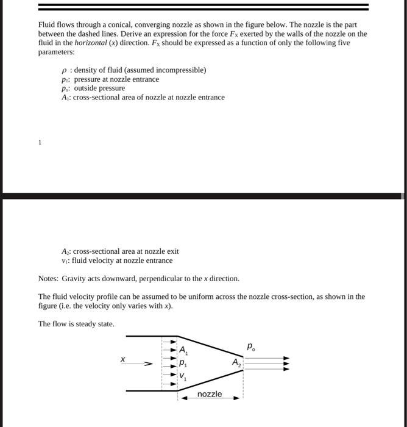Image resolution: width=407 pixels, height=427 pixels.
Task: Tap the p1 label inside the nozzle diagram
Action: click(183, 363)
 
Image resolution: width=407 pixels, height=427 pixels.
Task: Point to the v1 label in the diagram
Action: click(183, 377)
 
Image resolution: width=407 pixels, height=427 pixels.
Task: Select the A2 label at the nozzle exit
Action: click(236, 362)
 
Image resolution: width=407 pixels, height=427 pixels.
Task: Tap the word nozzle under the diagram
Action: click(210, 394)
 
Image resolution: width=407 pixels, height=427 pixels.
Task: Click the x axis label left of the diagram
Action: click(123, 360)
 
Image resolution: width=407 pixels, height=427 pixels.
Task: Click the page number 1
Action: click(40, 142)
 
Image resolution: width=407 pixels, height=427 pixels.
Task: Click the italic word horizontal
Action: click(90, 43)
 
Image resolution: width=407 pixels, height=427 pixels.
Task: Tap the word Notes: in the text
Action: click(49, 279)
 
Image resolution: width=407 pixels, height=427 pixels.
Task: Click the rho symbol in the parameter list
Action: click(64, 70)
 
